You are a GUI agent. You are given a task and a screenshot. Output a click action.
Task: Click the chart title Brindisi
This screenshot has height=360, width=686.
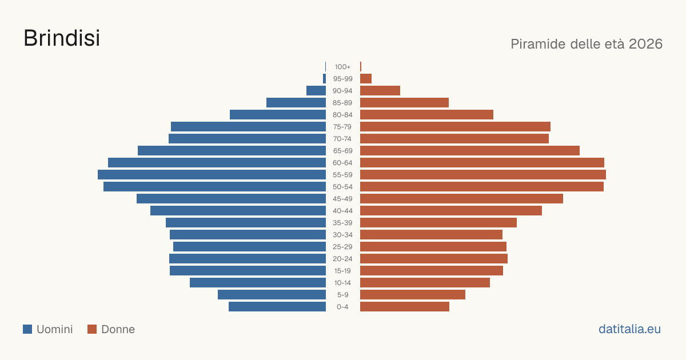(x=62, y=38)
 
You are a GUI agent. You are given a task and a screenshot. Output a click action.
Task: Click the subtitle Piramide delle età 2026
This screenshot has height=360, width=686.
(x=587, y=44)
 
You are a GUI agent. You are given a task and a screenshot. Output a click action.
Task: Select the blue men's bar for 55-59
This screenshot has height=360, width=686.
(x=212, y=174)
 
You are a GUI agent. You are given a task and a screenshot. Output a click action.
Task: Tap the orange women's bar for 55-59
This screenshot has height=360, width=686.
(x=483, y=174)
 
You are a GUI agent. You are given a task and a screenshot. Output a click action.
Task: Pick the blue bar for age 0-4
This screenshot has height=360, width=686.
(x=277, y=306)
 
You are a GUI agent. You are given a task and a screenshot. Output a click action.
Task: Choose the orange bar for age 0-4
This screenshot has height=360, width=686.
(x=405, y=306)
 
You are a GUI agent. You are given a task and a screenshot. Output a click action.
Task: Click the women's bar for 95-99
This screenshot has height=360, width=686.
(x=366, y=79)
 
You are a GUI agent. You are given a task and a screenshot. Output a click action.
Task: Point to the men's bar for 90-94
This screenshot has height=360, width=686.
(x=316, y=91)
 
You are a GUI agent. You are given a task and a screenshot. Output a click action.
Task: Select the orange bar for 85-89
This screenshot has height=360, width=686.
(x=404, y=102)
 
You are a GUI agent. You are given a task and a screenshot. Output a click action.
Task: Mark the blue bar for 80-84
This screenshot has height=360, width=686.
(x=278, y=114)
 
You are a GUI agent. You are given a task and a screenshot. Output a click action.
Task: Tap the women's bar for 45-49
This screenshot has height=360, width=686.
(x=461, y=199)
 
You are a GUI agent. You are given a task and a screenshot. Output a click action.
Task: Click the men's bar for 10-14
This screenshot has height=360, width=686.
(x=258, y=282)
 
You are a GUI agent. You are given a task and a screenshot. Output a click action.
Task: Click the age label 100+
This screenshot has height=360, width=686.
(x=342, y=67)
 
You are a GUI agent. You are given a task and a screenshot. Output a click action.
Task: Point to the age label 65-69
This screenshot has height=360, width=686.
(x=342, y=151)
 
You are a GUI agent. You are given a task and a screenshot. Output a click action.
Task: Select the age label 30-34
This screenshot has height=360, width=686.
(x=342, y=235)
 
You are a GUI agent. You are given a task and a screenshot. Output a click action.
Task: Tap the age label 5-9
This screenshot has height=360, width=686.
(x=342, y=295)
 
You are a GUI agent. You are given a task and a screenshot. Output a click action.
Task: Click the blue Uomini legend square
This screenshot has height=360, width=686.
(x=27, y=329)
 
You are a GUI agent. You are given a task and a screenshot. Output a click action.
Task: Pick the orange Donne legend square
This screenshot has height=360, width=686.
(x=92, y=329)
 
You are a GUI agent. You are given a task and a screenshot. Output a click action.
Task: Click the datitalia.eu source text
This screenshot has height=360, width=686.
(x=629, y=329)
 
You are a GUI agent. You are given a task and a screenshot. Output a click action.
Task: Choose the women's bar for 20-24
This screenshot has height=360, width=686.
(x=434, y=259)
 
